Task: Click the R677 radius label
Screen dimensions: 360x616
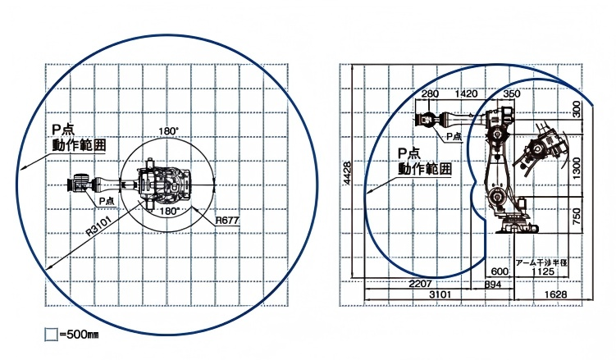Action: (x=227, y=221)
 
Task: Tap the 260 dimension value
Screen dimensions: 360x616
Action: (x=430, y=94)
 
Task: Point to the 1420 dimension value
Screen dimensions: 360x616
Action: (x=466, y=94)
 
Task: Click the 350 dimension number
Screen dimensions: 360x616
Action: (x=511, y=94)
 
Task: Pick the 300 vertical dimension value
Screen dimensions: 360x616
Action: (x=577, y=107)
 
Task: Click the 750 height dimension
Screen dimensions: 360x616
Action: (x=577, y=217)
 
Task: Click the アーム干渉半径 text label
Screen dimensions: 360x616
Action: (x=541, y=262)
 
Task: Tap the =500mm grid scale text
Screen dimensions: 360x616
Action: (x=79, y=335)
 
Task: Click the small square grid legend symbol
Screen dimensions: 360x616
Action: (x=51, y=335)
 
